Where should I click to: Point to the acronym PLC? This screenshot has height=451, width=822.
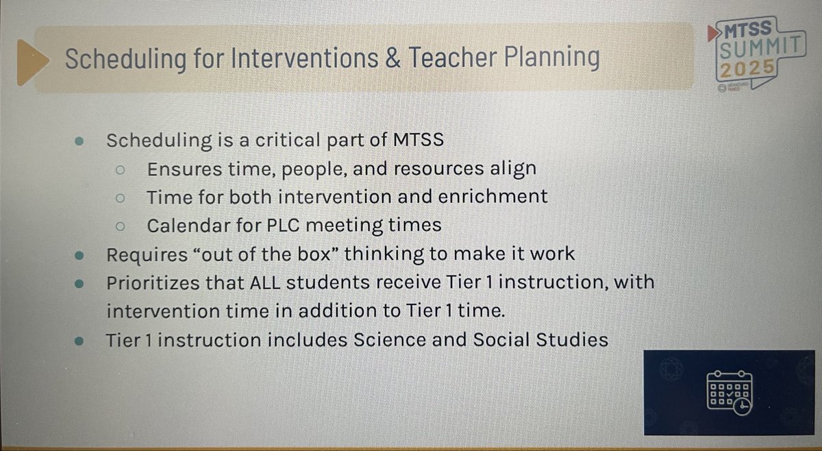[x=277, y=225]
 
